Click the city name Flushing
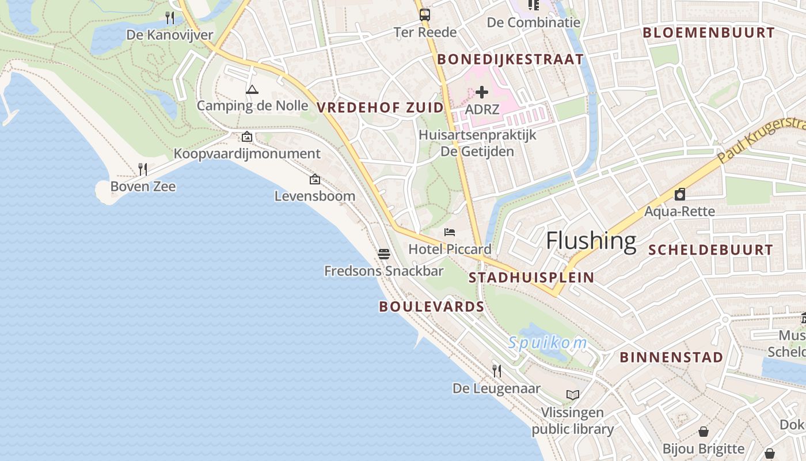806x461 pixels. [591, 240]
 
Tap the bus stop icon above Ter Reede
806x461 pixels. [424, 15]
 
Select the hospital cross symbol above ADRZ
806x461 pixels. [482, 92]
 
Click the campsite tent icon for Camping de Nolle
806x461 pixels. [252, 89]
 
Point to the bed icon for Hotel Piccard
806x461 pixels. [450, 232]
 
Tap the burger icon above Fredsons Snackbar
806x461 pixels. [384, 254]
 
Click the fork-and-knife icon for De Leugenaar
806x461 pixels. [496, 371]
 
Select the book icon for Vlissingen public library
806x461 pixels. [572, 395]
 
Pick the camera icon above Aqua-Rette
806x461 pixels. [679, 194]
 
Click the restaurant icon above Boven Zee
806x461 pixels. [143, 169]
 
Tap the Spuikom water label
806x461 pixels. [547, 343]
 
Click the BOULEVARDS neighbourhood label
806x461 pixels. [431, 307]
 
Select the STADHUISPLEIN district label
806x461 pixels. [531, 277]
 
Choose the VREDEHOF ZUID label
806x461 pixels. [380, 107]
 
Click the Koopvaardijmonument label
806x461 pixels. [247, 154]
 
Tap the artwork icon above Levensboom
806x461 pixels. [314, 179]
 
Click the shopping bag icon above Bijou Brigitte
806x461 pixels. [703, 432]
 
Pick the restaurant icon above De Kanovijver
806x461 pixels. [169, 18]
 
